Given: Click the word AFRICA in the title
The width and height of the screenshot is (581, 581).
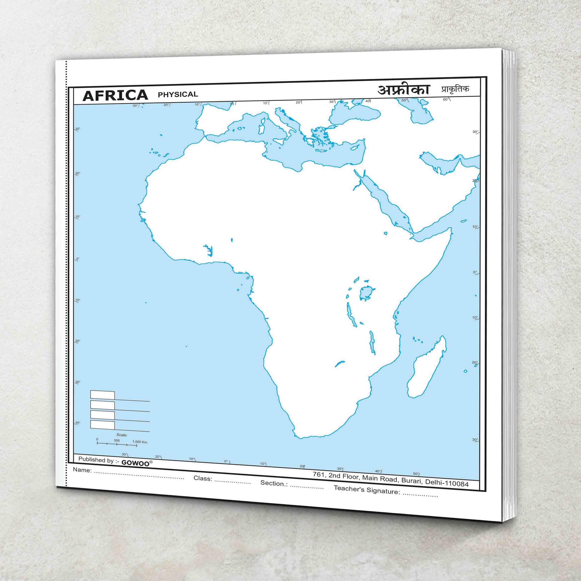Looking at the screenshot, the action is pyautogui.click(x=115, y=95).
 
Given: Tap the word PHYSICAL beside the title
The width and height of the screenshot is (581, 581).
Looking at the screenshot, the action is pyautogui.click(x=178, y=94).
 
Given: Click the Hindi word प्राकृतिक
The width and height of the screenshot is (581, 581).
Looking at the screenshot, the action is pyautogui.click(x=455, y=89).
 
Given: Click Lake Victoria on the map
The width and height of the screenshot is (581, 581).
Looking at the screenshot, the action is pyautogui.click(x=366, y=292).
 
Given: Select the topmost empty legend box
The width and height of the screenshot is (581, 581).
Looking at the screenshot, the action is pyautogui.click(x=103, y=395).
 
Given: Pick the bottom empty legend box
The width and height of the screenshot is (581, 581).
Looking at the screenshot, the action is pyautogui.click(x=103, y=425).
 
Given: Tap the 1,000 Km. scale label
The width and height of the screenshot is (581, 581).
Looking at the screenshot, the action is pyautogui.click(x=140, y=442).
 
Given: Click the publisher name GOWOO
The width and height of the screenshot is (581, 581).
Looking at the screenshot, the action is pyautogui.click(x=135, y=463).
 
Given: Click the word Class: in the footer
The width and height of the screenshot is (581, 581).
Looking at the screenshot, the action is pyautogui.click(x=203, y=478).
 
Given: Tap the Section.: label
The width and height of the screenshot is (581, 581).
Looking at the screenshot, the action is pyautogui.click(x=274, y=483).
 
